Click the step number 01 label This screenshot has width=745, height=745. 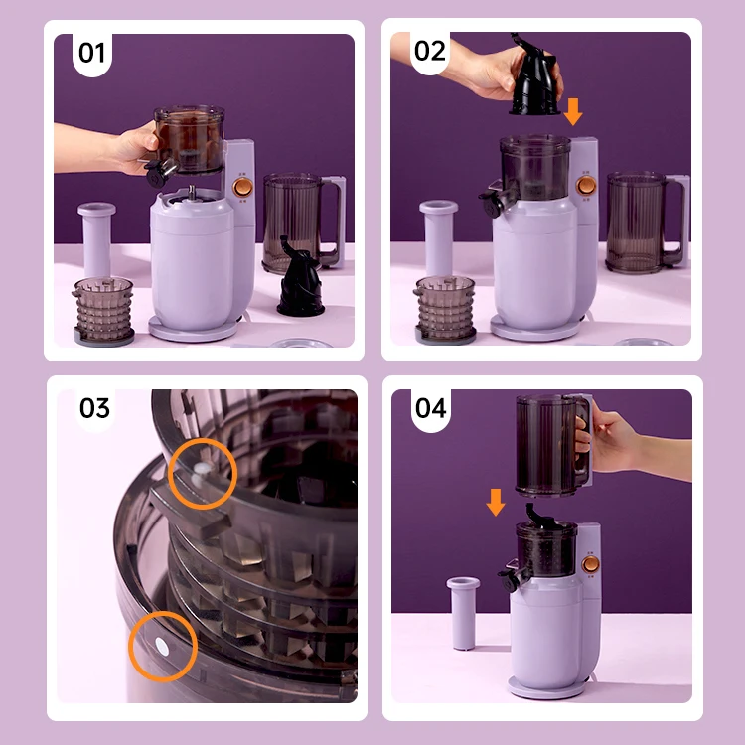coord(91,53)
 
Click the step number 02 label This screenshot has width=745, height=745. coord(430,51)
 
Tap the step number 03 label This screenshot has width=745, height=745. coord(94,408)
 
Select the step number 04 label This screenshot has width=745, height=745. coord(431,408)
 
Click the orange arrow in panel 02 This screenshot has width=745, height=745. coord(573,111)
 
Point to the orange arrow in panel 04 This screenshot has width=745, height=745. coord(496,503)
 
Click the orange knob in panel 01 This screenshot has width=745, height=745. coord(242,187)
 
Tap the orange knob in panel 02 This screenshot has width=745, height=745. coord(586,186)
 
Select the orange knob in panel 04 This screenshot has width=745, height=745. coord(591,564)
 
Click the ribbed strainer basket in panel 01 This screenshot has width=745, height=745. coord(103,311)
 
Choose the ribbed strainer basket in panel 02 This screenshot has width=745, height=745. coord(445,309)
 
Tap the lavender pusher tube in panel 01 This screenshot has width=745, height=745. coord(96,239)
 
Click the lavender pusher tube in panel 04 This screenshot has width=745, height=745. coord(463,613)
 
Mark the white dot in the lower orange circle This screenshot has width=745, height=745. coord(162,647)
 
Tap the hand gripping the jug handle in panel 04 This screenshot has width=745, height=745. coord(618,444)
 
